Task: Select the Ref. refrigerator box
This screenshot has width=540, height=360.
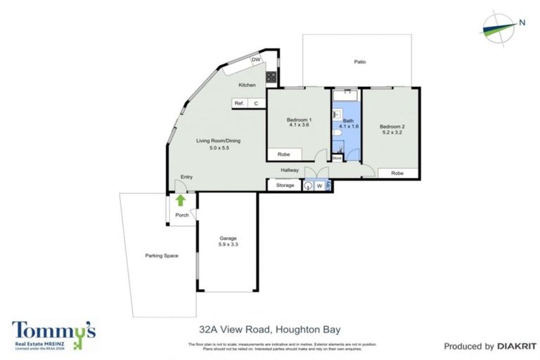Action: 239,103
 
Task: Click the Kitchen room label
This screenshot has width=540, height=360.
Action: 247,85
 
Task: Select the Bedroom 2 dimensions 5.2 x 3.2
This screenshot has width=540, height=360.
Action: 394,131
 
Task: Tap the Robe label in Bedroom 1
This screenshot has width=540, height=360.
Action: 284,154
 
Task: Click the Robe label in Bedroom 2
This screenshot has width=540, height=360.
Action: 397,173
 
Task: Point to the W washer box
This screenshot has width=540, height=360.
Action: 320,186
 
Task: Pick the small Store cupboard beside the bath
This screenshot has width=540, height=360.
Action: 337,158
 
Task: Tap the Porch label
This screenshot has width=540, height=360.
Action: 182,215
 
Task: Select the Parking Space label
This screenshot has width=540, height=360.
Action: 162,255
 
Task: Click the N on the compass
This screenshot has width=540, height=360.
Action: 522,22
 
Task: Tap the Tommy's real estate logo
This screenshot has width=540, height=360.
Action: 53,333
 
